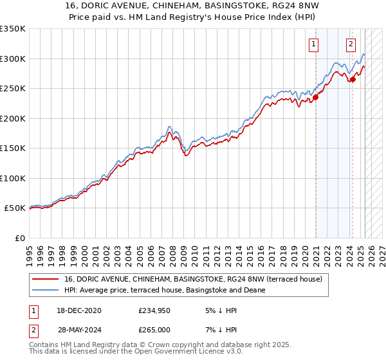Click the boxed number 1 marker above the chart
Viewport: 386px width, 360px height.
313,44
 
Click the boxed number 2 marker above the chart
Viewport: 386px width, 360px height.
351,44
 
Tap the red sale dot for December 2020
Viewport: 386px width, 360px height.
315,98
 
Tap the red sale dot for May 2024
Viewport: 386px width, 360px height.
353,80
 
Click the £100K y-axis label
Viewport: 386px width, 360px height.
13,178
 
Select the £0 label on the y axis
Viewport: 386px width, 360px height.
19,238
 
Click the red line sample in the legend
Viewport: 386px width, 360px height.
46,279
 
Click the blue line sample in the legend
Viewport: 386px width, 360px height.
46,290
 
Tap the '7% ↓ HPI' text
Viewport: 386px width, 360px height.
221,330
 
